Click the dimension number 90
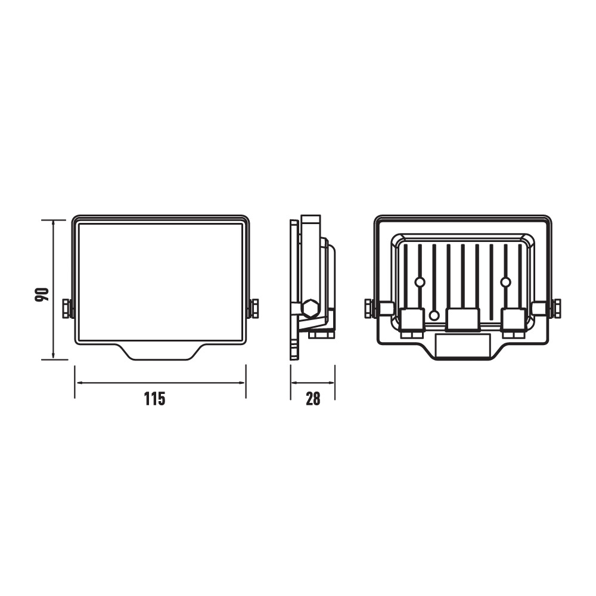tap(42, 294)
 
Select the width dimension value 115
tap(155, 399)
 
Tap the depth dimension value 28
tap(313, 399)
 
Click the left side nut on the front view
tap(67, 309)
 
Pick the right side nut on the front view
tap(253, 309)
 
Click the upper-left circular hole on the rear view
tap(420, 282)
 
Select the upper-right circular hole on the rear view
tap(505, 282)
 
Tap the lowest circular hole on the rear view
tap(434, 315)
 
